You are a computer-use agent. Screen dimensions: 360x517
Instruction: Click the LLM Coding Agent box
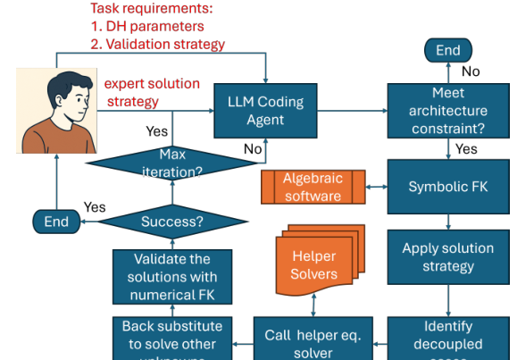pyautogui.click(x=266, y=111)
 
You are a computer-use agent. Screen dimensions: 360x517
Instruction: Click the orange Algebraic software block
pyautogui.click(x=313, y=187)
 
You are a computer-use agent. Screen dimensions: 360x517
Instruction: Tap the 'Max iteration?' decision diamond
pyautogui.click(x=171, y=163)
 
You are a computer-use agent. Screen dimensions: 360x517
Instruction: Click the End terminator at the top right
pyautogui.click(x=447, y=51)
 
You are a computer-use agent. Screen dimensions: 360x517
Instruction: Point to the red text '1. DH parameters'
pyautogui.click(x=147, y=26)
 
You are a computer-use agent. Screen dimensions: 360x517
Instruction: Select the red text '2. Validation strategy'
pyautogui.click(x=157, y=44)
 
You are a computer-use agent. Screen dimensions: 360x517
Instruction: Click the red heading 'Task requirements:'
pyautogui.click(x=151, y=9)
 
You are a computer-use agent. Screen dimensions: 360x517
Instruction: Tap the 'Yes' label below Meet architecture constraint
pyautogui.click(x=466, y=149)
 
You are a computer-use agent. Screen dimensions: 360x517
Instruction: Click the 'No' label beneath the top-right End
pyautogui.click(x=470, y=71)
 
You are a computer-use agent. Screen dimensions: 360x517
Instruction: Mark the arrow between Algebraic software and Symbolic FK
pyautogui.click(x=378, y=187)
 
